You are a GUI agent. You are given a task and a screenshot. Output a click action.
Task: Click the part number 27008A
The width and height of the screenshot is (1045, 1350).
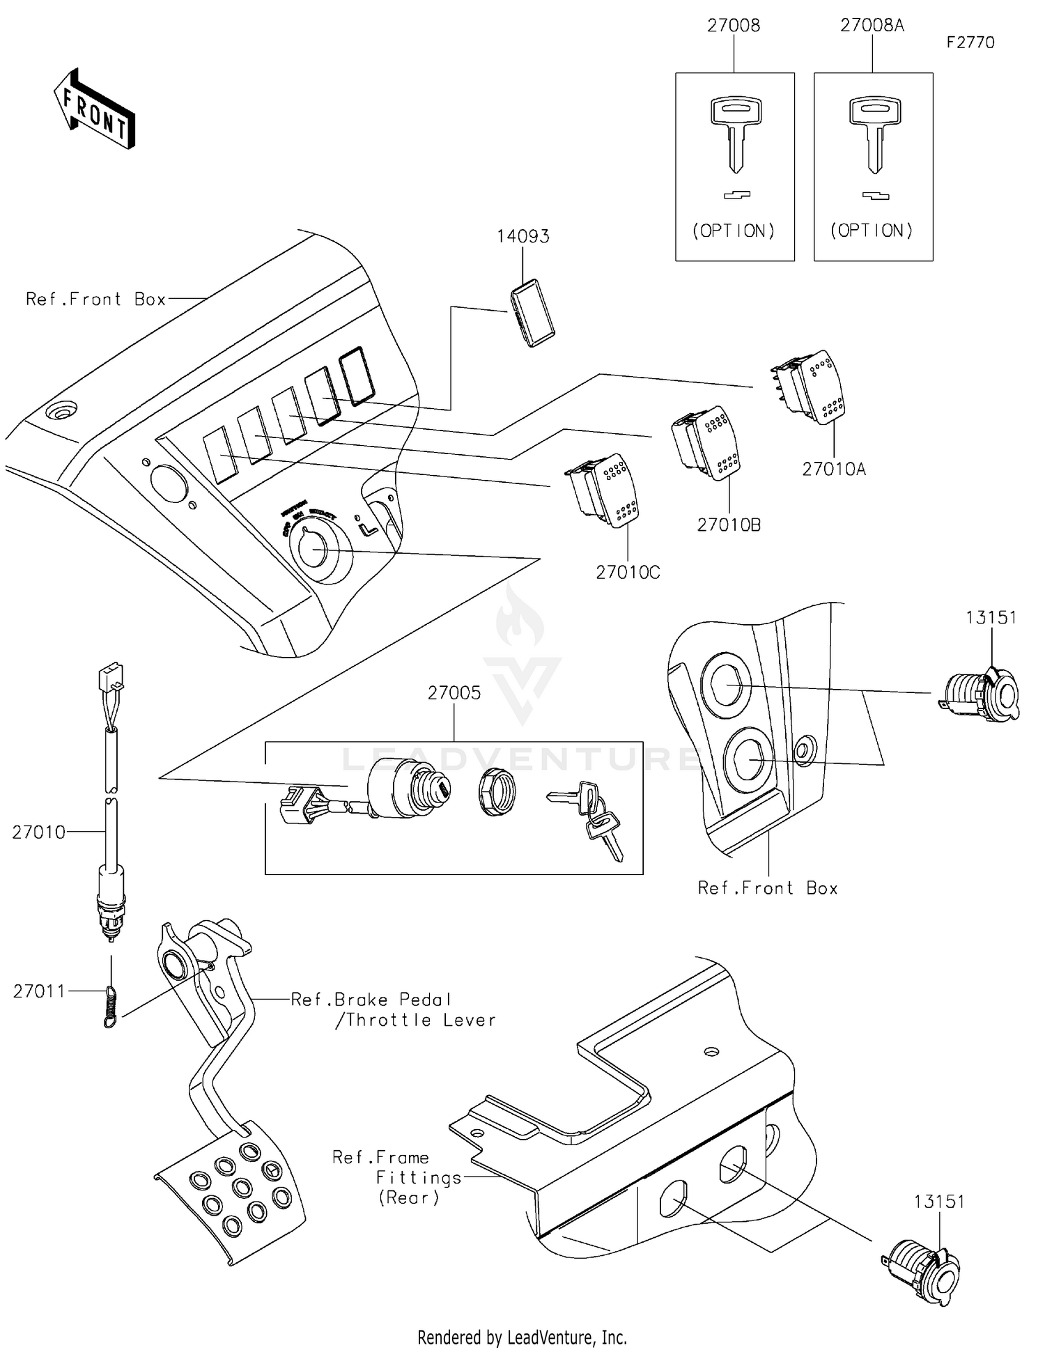(x=872, y=25)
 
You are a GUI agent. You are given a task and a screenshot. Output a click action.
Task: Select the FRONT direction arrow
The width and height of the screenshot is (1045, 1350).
(x=95, y=110)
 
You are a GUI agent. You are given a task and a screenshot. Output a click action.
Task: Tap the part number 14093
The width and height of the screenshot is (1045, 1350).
(x=522, y=236)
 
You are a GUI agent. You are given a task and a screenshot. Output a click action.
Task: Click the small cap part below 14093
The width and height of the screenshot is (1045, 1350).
(x=533, y=313)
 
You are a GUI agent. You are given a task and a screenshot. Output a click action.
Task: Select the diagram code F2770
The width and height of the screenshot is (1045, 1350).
(x=970, y=42)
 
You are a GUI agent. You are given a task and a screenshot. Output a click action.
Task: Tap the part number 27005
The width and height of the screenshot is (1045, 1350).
(x=454, y=692)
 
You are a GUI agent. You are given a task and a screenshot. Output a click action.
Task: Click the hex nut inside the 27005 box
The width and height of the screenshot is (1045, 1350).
(x=497, y=793)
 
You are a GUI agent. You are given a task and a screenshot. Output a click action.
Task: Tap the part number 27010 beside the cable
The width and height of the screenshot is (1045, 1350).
(x=38, y=832)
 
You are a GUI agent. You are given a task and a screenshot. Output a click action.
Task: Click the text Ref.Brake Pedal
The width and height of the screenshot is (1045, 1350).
(x=371, y=1000)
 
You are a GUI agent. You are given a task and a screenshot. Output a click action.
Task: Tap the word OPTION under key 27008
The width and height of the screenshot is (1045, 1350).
(x=734, y=231)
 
